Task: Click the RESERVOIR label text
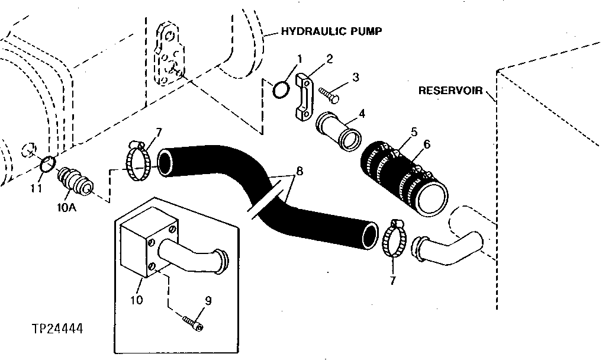coord(448,91)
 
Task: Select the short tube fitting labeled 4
coord(340,129)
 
